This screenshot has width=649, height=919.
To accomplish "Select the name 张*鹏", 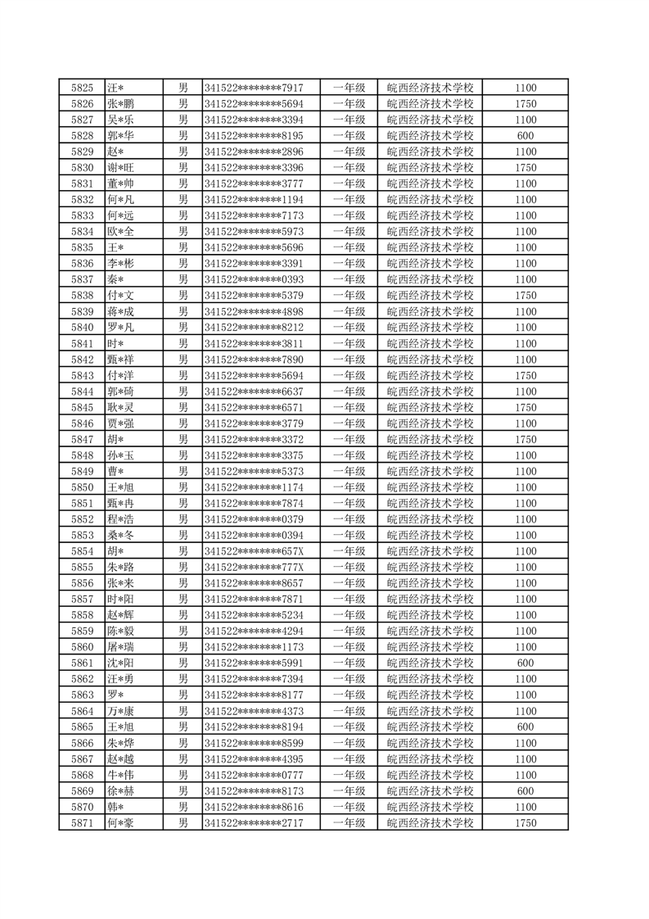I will click(x=120, y=104).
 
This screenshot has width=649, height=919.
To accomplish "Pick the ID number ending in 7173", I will click(x=254, y=215).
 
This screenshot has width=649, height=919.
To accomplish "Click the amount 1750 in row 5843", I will click(x=525, y=375).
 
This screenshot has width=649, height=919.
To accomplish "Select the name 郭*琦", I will click(x=120, y=392).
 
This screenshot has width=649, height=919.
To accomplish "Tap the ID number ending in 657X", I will click(x=254, y=551).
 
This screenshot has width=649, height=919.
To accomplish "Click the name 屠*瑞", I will click(x=120, y=647).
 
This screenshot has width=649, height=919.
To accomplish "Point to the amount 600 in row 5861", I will click(x=525, y=663).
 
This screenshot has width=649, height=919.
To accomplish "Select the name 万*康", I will click(x=120, y=711).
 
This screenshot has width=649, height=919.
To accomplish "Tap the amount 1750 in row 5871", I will click(x=525, y=822).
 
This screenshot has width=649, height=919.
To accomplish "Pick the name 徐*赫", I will click(x=120, y=790).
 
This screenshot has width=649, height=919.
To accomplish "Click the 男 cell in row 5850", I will click(x=183, y=487).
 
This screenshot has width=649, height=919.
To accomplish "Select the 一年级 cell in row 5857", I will click(x=349, y=599).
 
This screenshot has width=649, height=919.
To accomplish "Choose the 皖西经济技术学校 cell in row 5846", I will click(x=430, y=423).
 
